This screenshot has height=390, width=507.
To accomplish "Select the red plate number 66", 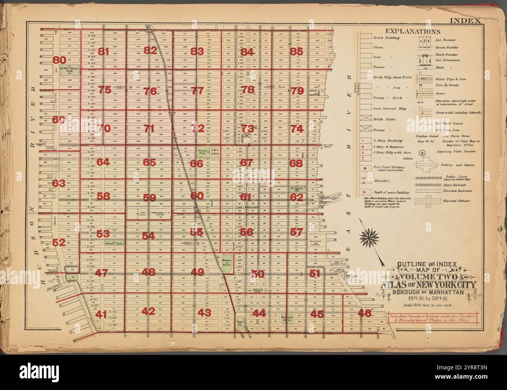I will (x=197, y=164).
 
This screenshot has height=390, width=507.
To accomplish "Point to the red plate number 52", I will (x=59, y=242).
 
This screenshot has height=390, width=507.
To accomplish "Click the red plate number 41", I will (x=101, y=314).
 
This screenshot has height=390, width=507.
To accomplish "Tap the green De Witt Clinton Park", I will (x=72, y=70).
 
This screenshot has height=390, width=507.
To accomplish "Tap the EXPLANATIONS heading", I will (x=413, y=31).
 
